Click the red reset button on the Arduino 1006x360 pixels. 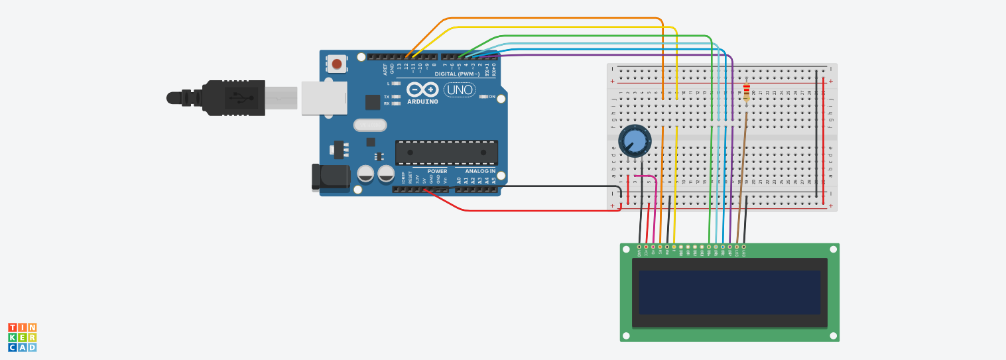[x=337, y=64]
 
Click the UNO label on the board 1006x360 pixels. [x=459, y=90]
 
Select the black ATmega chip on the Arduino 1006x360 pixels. [x=446, y=152]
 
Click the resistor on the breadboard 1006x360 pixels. [x=747, y=92]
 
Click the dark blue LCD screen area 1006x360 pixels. [x=729, y=292]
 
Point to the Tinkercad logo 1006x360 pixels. [x=22, y=337]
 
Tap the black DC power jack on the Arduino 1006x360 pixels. [x=330, y=177]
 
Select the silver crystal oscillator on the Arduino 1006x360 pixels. [x=369, y=125]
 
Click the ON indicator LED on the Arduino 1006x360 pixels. [x=483, y=97]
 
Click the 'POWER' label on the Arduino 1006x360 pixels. [x=428, y=171]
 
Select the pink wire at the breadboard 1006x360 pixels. [x=656, y=206]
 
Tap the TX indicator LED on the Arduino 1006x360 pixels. [x=396, y=97]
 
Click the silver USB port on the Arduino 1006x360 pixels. [x=324, y=97]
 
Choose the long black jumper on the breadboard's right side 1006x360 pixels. [x=816, y=133]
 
